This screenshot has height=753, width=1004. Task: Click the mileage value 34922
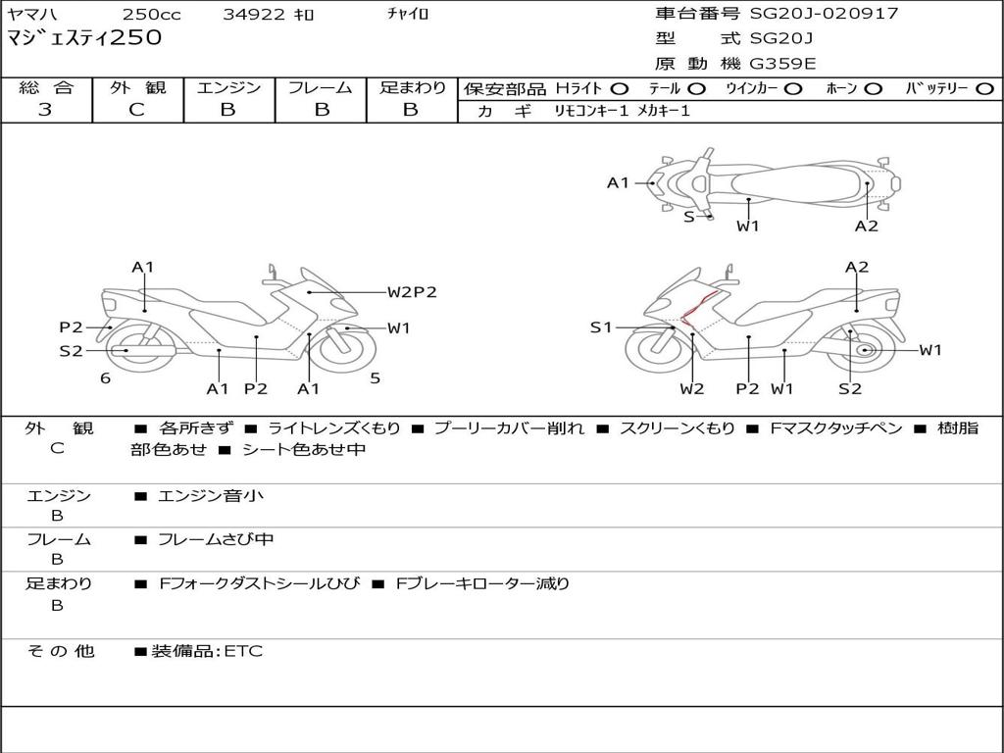click(255, 15)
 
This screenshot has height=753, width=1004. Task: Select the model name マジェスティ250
click(84, 38)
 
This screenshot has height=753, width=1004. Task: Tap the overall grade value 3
click(45, 110)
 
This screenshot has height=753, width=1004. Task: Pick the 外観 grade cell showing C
click(136, 110)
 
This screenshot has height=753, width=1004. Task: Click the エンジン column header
click(229, 87)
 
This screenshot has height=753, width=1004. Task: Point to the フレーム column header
click(321, 87)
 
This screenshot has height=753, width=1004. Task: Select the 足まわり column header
click(412, 87)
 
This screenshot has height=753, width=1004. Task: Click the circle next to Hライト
click(620, 88)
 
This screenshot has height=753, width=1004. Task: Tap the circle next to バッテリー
click(985, 88)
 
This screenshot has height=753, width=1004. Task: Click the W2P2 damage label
click(411, 292)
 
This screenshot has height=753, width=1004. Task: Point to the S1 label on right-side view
click(601, 327)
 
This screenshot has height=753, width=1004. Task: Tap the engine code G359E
click(782, 64)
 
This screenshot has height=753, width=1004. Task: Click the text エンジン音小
click(211, 496)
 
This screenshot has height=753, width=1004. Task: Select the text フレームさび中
click(216, 539)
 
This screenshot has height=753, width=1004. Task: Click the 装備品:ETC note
click(206, 651)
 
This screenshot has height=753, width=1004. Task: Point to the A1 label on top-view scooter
click(618, 182)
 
